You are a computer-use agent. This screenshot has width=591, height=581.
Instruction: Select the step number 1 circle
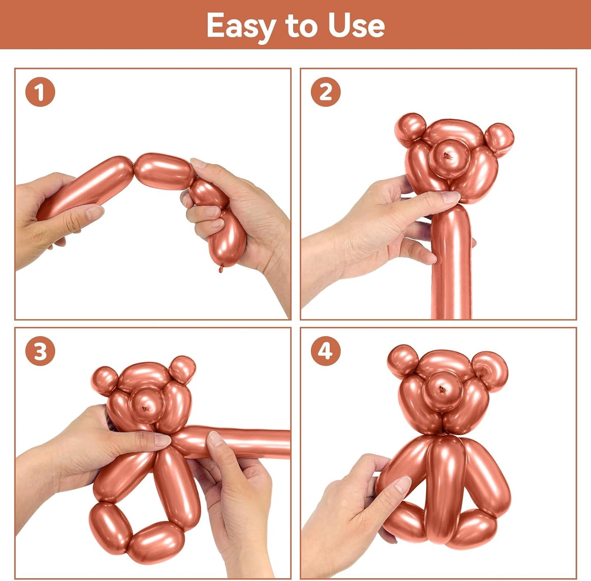click(x=40, y=92)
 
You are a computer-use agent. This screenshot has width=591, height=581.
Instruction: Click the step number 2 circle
click(x=326, y=92)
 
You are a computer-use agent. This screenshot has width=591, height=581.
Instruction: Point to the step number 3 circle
click(x=40, y=351)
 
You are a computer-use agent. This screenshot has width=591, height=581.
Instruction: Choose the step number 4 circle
click(x=326, y=351)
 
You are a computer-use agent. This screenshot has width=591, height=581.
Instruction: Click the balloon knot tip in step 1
click(x=221, y=269)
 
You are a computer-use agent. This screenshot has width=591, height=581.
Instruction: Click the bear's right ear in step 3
click(x=182, y=369)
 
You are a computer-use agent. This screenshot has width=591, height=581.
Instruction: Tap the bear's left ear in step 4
click(x=403, y=360)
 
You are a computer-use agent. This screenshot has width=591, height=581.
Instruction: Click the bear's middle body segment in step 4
click(x=446, y=486)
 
